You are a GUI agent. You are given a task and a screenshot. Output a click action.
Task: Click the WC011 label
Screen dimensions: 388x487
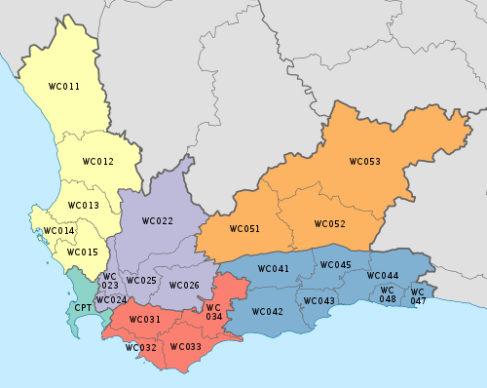[x=63, y=87]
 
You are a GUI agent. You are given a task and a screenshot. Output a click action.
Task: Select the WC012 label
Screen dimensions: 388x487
[x=97, y=161]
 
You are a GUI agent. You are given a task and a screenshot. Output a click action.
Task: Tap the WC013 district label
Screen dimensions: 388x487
[x=83, y=206]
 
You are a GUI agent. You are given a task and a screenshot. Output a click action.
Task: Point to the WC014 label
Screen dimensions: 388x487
[x=57, y=231]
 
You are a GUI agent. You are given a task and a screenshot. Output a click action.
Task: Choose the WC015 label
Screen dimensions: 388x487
[x=82, y=252]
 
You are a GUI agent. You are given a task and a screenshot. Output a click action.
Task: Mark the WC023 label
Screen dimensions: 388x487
[x=110, y=281]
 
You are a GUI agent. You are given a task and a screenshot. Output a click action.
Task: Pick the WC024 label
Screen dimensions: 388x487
[x=111, y=299]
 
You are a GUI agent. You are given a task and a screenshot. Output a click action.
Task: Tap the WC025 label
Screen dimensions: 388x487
[x=141, y=281]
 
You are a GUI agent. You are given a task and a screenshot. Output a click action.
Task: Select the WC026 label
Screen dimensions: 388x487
[x=184, y=286]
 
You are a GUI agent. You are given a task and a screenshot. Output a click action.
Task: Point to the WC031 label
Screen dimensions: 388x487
[x=144, y=320]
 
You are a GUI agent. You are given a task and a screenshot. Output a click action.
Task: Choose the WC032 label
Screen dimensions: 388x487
[x=140, y=348]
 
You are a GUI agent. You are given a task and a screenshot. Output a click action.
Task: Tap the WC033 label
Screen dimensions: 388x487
[x=185, y=346]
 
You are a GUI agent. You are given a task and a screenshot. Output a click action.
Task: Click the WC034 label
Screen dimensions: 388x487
[x=213, y=312]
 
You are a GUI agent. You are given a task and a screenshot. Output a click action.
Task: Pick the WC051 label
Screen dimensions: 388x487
[x=244, y=229]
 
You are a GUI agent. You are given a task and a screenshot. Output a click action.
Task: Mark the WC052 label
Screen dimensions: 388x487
[x=329, y=224]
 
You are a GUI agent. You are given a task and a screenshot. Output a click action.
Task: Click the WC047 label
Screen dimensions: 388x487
[x=417, y=296]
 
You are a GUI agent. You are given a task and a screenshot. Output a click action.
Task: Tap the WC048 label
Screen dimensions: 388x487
[x=387, y=294]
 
